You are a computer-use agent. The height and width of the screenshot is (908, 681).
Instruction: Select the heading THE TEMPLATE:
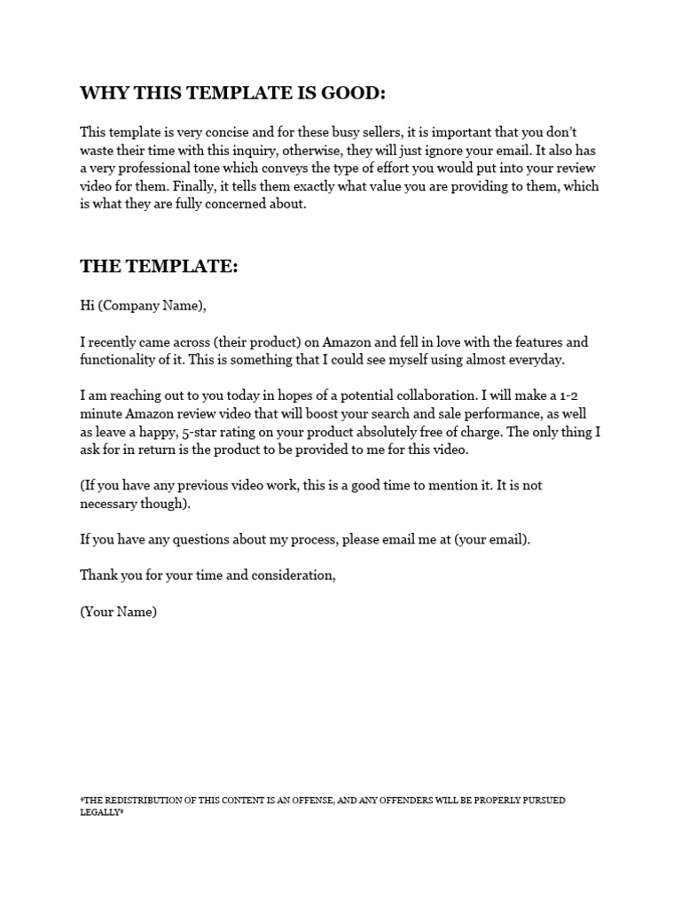[159, 266]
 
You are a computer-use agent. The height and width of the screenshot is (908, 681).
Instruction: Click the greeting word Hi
[87, 306]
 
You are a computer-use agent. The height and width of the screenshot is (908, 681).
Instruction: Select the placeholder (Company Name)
[151, 306]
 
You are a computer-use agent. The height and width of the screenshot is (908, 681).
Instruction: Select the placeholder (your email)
[491, 540]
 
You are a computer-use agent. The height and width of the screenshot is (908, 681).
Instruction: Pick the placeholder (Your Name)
[118, 612]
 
